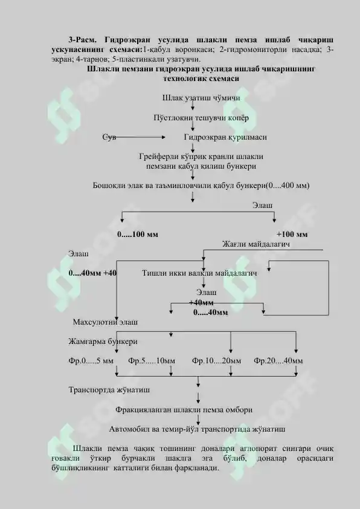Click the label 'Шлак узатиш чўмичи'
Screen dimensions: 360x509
click(x=201, y=98)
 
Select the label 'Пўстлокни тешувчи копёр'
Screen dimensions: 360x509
click(x=201, y=117)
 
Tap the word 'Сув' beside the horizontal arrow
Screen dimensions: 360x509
click(x=109, y=137)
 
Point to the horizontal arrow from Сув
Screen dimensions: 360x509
click(x=140, y=137)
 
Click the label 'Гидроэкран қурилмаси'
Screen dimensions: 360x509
click(x=225, y=137)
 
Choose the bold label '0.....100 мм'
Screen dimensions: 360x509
click(x=138, y=235)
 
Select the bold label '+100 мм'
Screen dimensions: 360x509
click(x=292, y=235)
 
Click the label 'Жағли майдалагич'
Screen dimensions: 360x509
click(x=256, y=244)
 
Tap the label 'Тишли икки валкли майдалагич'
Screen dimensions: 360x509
click(x=199, y=273)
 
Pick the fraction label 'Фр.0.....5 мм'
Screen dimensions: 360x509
click(x=91, y=361)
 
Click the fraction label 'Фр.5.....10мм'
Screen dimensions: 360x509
click(x=152, y=361)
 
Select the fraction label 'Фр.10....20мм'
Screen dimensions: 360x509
click(x=216, y=361)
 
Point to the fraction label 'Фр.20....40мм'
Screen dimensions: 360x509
click(x=278, y=361)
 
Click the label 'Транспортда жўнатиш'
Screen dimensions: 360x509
click(x=109, y=390)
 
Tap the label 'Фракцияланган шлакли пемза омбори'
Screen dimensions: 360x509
click(x=184, y=410)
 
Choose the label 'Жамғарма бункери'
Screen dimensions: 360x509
click(x=103, y=342)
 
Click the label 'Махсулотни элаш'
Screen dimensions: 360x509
click(x=105, y=322)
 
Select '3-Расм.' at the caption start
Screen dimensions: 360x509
click(x=82, y=40)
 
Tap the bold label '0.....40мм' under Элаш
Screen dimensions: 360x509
click(x=210, y=313)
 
